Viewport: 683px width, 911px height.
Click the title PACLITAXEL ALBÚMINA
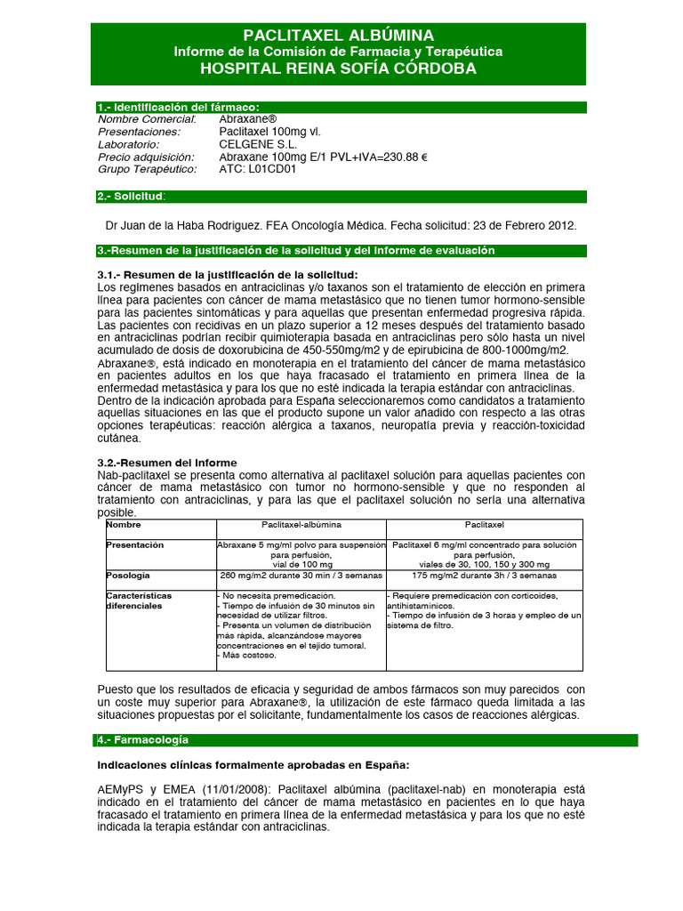338,36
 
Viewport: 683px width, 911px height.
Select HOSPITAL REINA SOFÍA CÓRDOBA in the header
338,69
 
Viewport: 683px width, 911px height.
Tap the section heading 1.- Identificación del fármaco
178,108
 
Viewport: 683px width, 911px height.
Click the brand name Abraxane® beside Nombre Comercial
248,119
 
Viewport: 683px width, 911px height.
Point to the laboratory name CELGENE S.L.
258,144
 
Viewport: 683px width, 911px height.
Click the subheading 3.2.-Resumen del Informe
166,463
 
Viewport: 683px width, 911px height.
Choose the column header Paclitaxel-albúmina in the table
301,526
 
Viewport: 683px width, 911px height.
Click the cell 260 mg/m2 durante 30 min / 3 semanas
301,576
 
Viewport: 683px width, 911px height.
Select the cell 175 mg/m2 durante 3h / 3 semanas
485,576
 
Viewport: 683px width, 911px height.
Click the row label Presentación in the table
134,544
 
